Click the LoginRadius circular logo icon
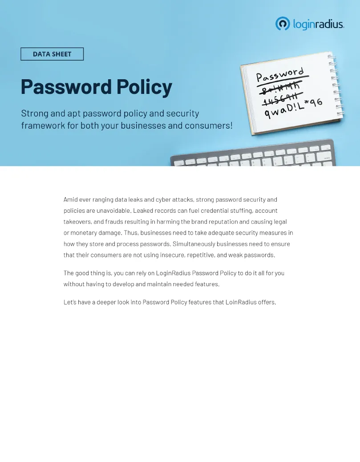click(x=283, y=24)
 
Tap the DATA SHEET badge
click(x=52, y=54)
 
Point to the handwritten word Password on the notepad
click(x=280, y=75)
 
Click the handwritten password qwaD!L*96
click(x=294, y=107)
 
